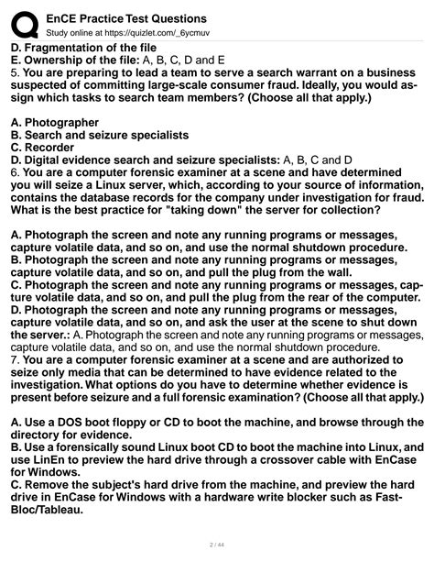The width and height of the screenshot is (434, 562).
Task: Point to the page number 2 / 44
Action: pos(217,544)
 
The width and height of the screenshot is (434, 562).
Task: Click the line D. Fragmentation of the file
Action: pos(84,48)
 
